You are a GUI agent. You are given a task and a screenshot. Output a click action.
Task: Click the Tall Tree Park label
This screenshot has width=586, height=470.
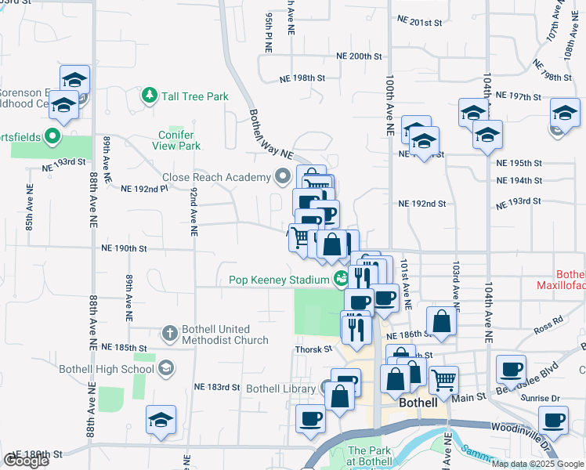click(195, 96)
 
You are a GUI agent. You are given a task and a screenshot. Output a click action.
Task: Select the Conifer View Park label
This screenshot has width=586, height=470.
click(174, 140)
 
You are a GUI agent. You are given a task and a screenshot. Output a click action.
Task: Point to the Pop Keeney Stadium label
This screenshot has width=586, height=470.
click(278, 280)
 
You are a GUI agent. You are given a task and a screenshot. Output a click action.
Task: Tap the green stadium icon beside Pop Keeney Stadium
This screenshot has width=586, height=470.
click(340, 278)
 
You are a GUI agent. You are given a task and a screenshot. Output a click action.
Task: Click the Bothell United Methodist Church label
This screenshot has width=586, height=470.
click(225, 334)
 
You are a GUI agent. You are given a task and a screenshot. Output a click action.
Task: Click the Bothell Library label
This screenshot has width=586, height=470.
click(280, 388)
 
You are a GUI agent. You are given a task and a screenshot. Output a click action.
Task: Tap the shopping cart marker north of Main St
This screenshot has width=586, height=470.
click(443, 381)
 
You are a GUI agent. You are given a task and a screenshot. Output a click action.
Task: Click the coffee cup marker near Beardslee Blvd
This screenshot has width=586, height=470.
click(511, 368)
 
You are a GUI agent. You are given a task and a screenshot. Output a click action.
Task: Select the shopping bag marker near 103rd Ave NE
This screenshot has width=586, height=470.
click(442, 321)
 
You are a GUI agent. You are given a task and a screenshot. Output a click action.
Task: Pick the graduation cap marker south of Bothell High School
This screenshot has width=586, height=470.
click(161, 420)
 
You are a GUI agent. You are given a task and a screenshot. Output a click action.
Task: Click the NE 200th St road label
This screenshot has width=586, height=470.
click(358, 56)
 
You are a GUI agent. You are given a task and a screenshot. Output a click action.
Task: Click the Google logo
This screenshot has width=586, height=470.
click(25, 461)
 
